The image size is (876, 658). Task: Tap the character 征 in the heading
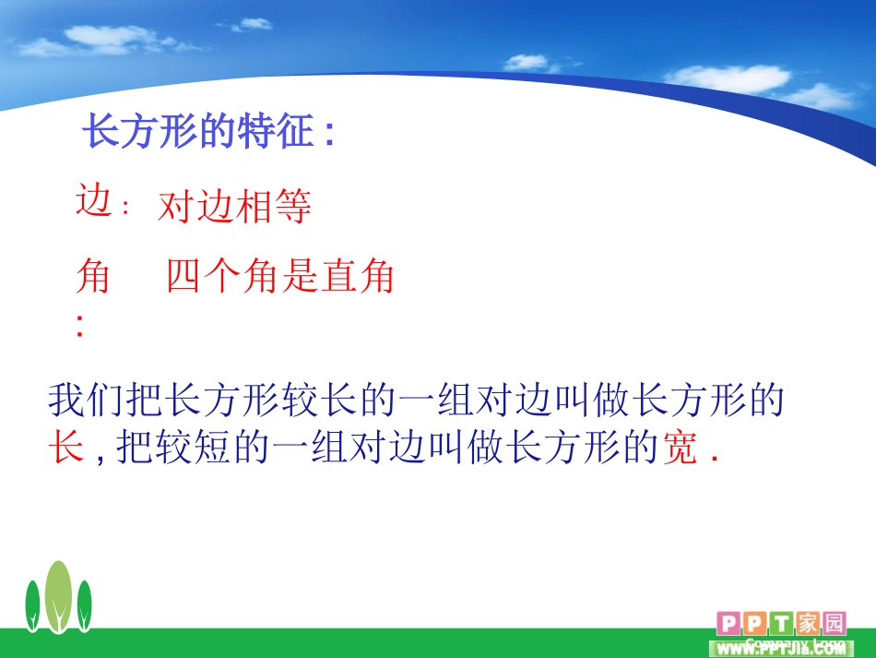(294, 131)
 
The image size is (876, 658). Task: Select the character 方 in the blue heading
(139, 131)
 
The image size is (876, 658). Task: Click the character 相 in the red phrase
(255, 207)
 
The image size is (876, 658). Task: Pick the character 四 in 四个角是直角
(183, 276)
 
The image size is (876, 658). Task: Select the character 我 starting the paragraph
(66, 400)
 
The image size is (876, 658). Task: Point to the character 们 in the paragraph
(105, 400)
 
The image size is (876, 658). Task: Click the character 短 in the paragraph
(212, 447)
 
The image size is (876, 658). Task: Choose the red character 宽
(680, 447)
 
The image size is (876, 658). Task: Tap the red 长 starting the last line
(66, 447)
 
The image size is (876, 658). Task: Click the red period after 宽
(714, 459)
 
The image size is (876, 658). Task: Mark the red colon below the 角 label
(80, 326)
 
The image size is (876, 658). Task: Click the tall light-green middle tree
(58, 596)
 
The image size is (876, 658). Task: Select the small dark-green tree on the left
(32, 606)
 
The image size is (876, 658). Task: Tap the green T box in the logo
(781, 623)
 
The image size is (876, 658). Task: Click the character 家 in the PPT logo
(807, 623)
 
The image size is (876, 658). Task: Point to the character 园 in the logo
(835, 623)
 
